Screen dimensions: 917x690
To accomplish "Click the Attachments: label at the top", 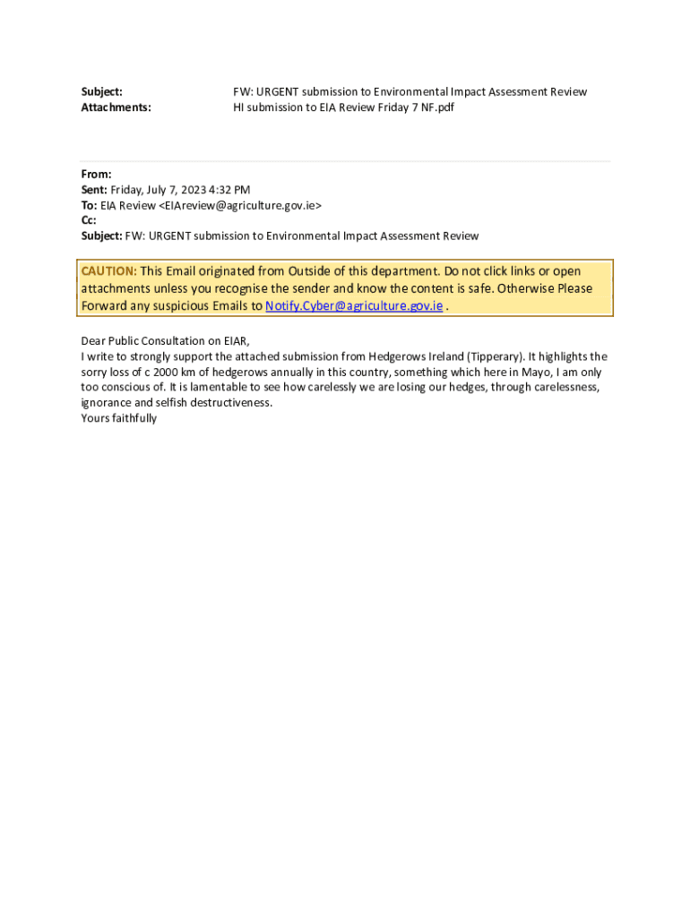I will click(x=116, y=107).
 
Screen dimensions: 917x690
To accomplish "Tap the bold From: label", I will click(x=96, y=175).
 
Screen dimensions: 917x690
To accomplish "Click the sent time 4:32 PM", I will click(x=230, y=190).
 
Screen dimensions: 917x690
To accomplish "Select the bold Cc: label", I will click(x=89, y=220).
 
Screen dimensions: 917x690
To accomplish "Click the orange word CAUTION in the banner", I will click(x=108, y=271).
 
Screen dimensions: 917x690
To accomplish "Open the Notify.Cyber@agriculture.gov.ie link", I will click(x=354, y=305).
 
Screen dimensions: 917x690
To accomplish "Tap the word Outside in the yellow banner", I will click(x=309, y=271).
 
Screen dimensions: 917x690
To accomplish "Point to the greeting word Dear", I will click(x=94, y=341).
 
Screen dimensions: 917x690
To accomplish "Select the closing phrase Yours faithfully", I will click(x=119, y=418).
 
